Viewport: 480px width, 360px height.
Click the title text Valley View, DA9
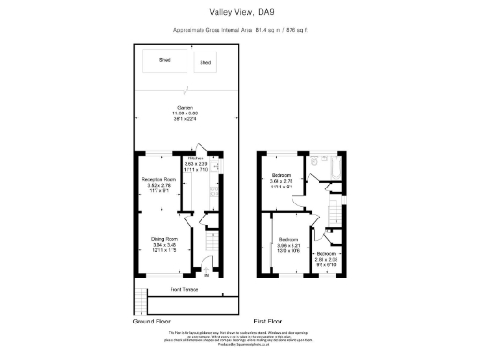239,12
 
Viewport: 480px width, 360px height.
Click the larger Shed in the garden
164,63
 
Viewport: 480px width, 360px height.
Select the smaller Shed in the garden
204,65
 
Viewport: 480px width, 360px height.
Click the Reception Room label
158,182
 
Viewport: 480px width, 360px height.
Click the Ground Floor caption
156,321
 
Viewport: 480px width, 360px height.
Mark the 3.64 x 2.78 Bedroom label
280,180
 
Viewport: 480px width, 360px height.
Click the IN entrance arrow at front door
206,274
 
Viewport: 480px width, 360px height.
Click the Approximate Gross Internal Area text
239,30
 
